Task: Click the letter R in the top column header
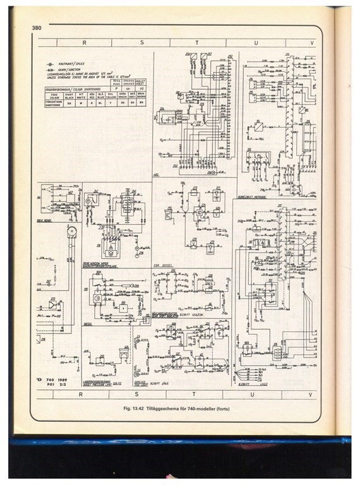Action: (83, 42)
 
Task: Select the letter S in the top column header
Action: (141, 42)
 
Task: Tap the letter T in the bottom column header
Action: (197, 394)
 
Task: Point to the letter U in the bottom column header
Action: (253, 394)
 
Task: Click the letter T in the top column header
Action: (197, 42)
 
